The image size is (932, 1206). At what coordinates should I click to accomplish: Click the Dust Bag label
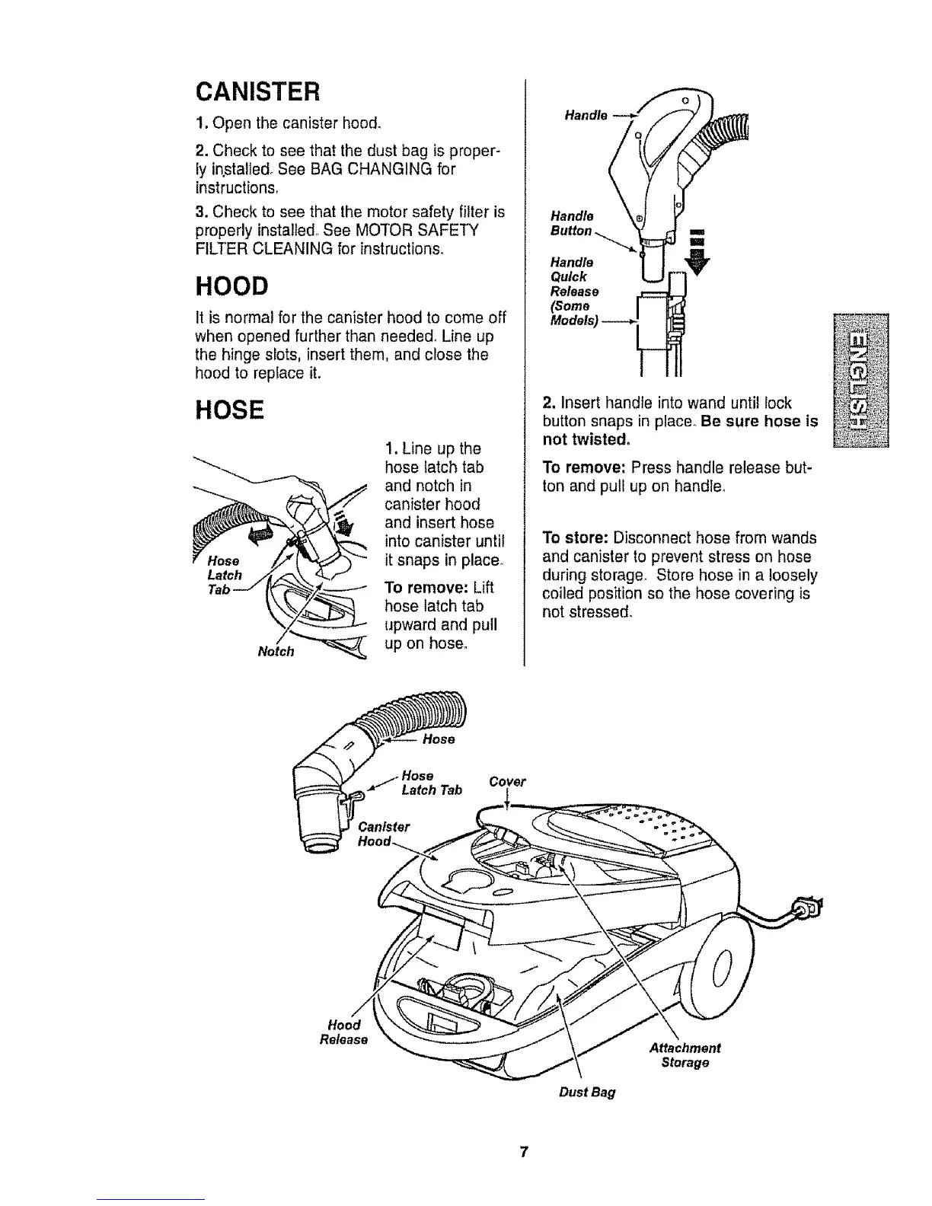click(x=586, y=1092)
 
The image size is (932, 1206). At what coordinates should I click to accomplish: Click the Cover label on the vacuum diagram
click(x=507, y=781)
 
